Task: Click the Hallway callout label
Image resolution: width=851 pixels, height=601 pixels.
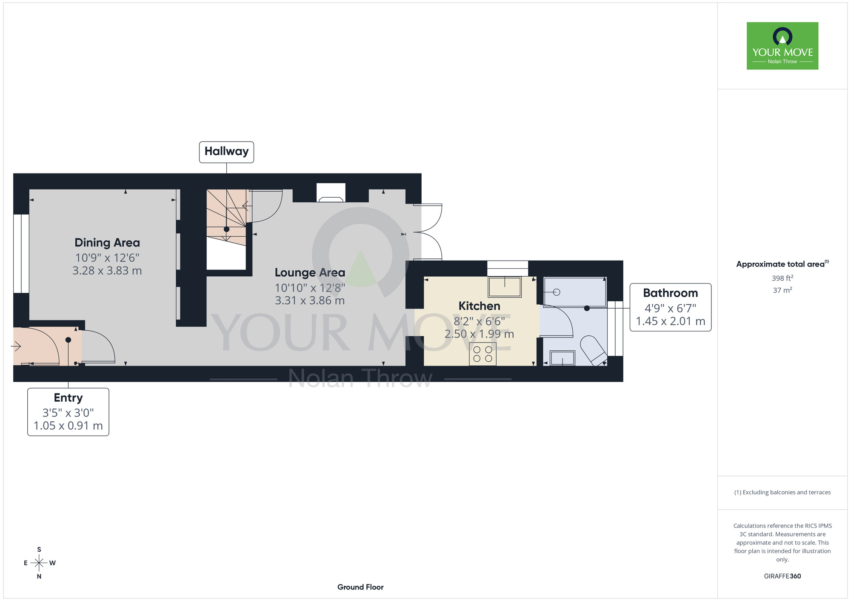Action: click(x=226, y=152)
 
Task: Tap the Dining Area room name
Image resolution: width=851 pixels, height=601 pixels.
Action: click(x=107, y=243)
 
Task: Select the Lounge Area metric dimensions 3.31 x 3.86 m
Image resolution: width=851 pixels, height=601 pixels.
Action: click(x=310, y=300)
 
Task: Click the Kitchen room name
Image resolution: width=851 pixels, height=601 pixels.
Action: click(x=479, y=306)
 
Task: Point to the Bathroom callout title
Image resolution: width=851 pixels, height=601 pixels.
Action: click(x=671, y=293)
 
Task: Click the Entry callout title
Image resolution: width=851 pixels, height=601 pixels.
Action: click(x=68, y=398)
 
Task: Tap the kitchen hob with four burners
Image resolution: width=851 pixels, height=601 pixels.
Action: click(x=483, y=354)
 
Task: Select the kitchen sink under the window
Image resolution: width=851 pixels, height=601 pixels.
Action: click(x=505, y=287)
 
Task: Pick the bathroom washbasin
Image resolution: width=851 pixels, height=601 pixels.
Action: click(x=563, y=358)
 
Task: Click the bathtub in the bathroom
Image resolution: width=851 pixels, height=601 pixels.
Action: click(x=575, y=292)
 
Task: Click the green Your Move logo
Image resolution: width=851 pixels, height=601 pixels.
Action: click(x=782, y=46)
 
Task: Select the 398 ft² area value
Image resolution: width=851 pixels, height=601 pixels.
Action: click(x=782, y=278)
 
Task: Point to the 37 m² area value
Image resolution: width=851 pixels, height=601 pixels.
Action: click(x=782, y=290)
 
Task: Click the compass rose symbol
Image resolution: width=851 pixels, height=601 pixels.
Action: click(x=39, y=563)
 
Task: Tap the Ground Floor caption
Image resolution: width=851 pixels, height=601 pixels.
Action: click(x=360, y=587)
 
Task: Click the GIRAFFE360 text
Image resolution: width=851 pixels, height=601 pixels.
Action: click(x=782, y=576)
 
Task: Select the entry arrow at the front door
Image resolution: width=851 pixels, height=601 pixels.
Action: click(x=16, y=347)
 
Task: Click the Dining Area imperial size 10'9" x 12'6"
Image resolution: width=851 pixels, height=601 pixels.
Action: click(x=107, y=258)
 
